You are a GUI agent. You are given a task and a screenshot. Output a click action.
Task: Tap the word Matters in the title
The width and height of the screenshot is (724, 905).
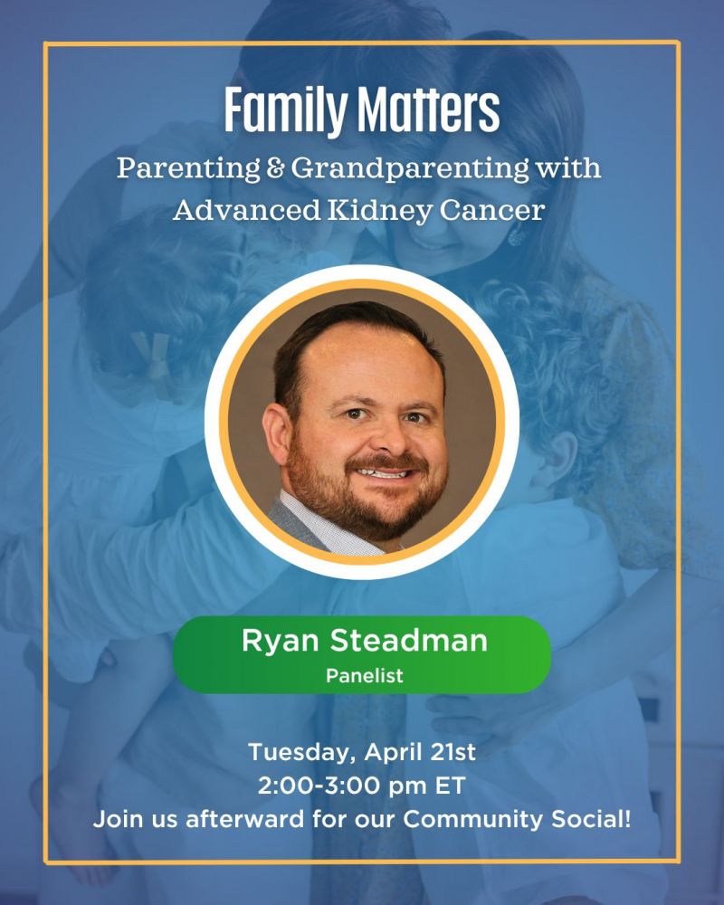click(x=428, y=110)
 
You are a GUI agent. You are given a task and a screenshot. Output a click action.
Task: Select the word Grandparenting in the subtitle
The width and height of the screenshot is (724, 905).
click(x=409, y=168)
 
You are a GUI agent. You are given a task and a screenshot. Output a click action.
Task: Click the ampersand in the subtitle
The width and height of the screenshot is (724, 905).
click(x=275, y=168)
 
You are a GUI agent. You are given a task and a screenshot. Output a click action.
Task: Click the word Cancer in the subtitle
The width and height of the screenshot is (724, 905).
click(x=492, y=210)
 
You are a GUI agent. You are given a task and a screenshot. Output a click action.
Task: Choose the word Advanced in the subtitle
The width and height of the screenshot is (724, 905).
click(x=246, y=210)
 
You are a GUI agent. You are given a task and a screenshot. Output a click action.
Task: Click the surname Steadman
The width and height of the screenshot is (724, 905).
click(x=409, y=640)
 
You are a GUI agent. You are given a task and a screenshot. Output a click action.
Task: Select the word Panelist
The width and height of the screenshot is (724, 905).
click(x=365, y=675)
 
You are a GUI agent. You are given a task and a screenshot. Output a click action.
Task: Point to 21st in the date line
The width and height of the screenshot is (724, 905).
click(x=452, y=752)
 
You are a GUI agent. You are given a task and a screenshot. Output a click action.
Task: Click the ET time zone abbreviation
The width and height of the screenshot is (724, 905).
click(x=450, y=786)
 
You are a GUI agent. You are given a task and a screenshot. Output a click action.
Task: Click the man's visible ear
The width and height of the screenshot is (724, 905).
click(x=276, y=433)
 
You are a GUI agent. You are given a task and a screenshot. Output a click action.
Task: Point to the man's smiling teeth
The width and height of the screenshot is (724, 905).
click(x=382, y=474)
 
